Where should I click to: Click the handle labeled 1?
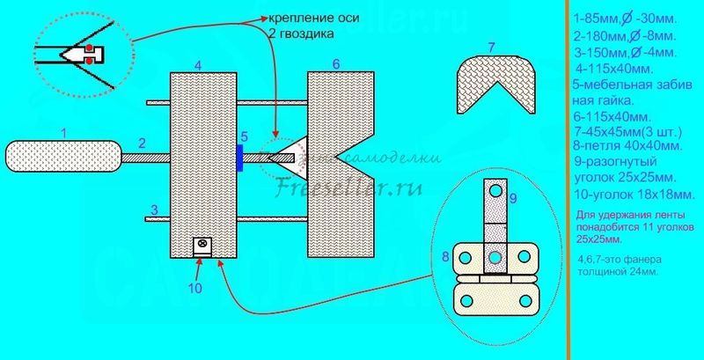coord(62,158)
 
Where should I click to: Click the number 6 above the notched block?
coord(335,65)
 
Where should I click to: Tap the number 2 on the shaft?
coord(141,143)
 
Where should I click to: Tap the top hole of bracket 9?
coord(496,190)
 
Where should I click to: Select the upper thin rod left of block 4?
coord(157,102)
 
